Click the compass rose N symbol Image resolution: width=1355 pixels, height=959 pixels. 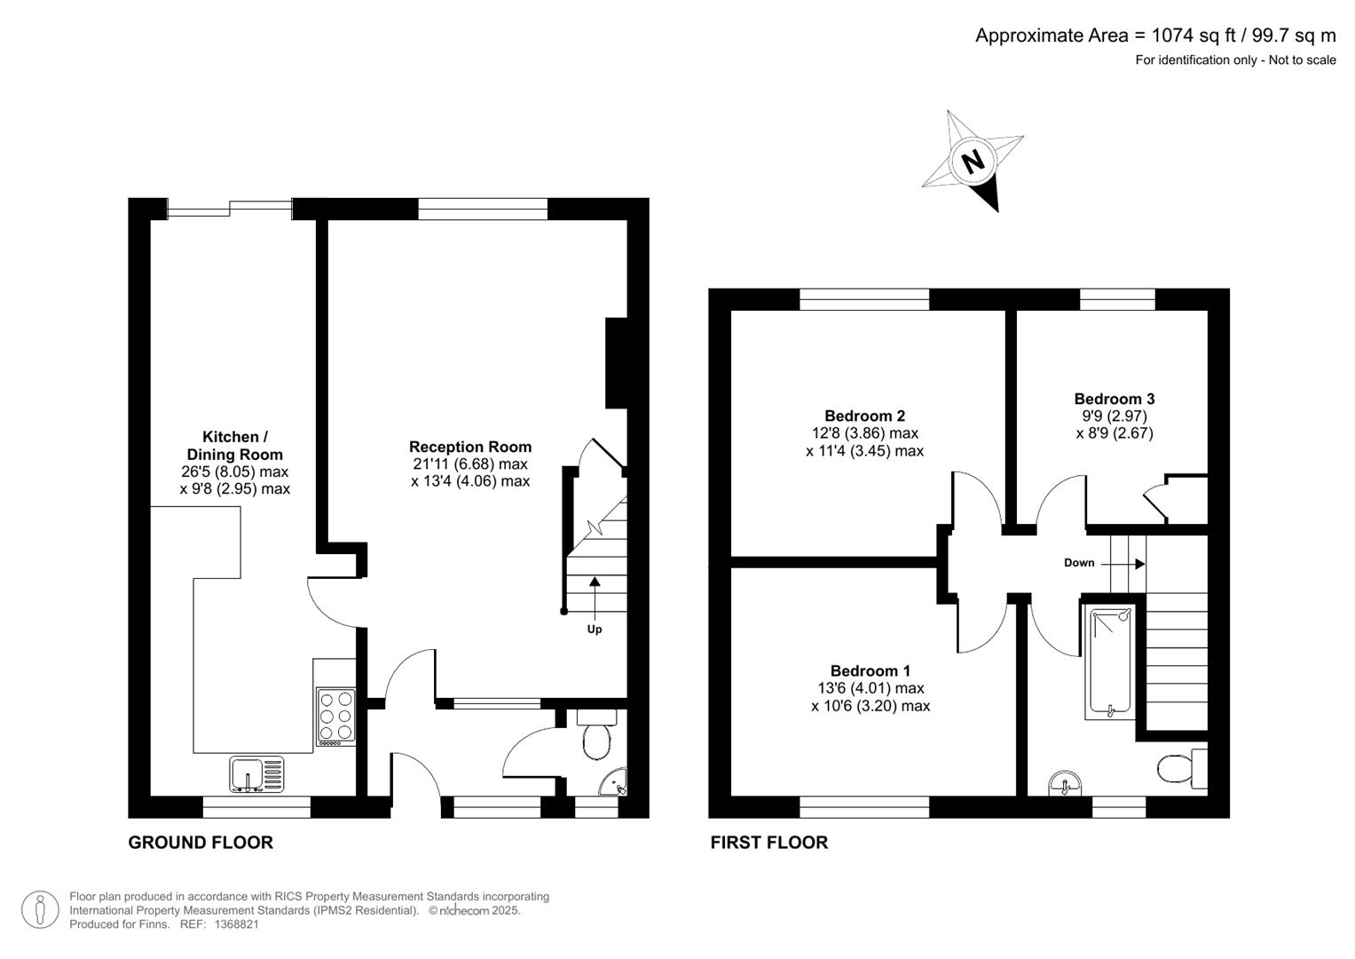pyautogui.click(x=973, y=162)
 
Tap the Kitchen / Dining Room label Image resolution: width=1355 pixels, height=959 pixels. pyautogui.click(x=235, y=446)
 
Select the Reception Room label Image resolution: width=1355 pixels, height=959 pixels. pyautogui.click(x=470, y=447)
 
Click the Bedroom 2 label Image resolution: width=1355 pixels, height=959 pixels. pyautogui.click(x=864, y=416)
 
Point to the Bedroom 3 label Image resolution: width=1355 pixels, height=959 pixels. pyautogui.click(x=1114, y=399)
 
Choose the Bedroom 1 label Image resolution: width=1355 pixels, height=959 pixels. pyautogui.click(x=870, y=670)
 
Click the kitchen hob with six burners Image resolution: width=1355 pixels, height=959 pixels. pyautogui.click(x=335, y=716)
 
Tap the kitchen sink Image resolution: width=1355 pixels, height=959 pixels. pyautogui.click(x=256, y=773)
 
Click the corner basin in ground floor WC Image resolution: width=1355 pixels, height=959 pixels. pyautogui.click(x=614, y=782)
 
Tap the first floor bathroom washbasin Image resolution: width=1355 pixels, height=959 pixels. pyautogui.click(x=1064, y=784)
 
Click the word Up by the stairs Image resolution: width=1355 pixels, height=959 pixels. pyautogui.click(x=595, y=629)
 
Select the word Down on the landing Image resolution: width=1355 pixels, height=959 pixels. pyautogui.click(x=1079, y=563)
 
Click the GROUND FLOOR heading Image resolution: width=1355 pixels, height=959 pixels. pyautogui.click(x=201, y=843)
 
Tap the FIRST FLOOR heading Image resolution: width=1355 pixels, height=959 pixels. pyautogui.click(x=768, y=843)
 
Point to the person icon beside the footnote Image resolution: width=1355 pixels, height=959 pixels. pyautogui.click(x=40, y=910)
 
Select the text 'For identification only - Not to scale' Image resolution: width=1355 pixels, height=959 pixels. pyautogui.click(x=1234, y=60)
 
